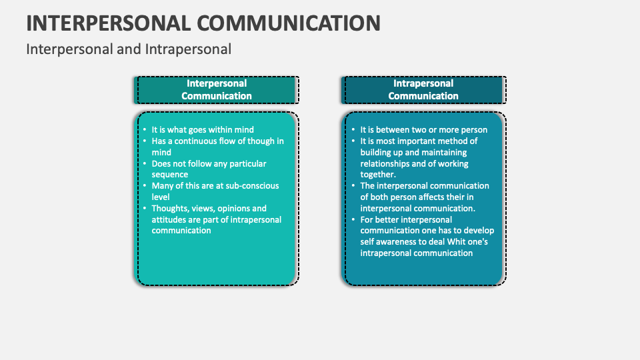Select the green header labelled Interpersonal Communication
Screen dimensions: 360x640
click(217, 89)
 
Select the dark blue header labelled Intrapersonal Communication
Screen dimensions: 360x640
click(423, 89)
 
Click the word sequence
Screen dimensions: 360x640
click(170, 174)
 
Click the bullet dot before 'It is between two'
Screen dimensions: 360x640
click(353, 130)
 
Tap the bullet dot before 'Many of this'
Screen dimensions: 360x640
click(145, 186)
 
